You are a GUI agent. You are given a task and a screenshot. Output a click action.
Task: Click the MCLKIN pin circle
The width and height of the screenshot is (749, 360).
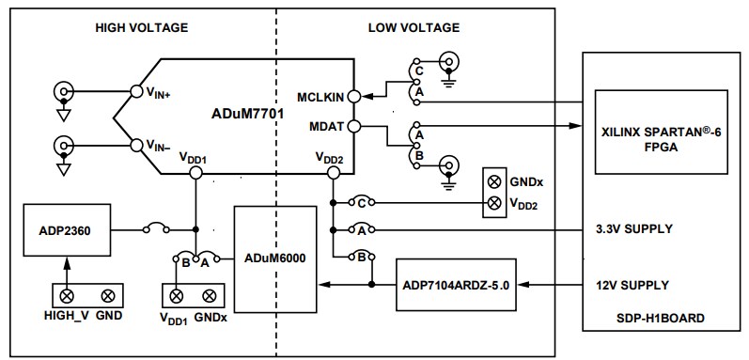(353, 95)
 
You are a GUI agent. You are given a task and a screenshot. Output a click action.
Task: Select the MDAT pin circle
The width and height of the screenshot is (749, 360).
(353, 126)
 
